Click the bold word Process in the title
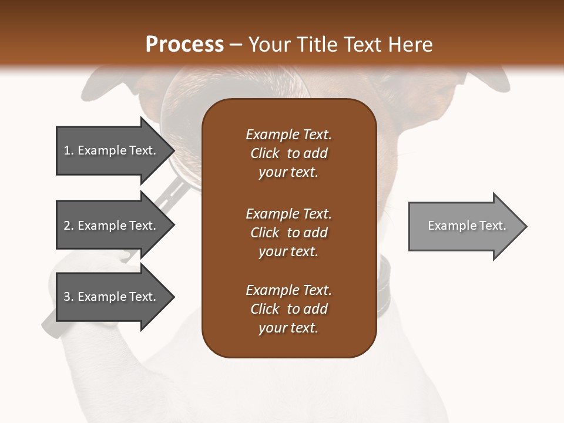coord(184,45)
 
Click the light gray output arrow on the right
coord(464,226)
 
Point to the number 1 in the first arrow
coord(67,150)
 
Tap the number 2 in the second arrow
coord(67,226)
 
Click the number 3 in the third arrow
coord(67,297)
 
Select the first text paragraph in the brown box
coord(288,153)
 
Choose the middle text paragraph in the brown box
coord(288,233)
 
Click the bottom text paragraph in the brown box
coord(288,309)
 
